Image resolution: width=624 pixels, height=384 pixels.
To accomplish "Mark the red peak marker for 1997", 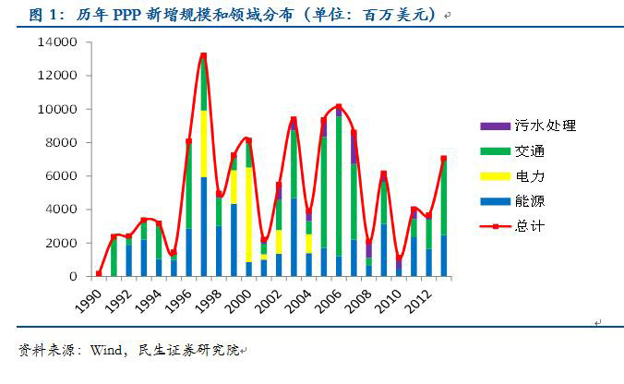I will [x=203, y=55].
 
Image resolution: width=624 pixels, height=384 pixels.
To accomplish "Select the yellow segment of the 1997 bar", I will [x=203, y=143].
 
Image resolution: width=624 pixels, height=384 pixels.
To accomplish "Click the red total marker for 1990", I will [x=98, y=273].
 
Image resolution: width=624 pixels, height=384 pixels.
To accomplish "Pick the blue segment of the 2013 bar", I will [x=444, y=255].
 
